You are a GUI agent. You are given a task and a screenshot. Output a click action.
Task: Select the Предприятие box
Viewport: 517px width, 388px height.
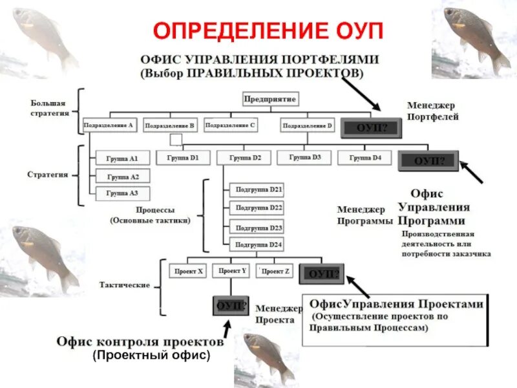click(x=270, y=100)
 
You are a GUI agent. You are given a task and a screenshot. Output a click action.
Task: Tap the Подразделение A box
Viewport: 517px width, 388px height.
click(x=110, y=125)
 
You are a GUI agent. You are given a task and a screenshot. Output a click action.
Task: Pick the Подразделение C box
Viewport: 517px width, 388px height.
click(x=230, y=124)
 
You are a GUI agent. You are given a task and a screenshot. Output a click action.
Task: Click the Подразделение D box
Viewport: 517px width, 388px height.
click(x=308, y=125)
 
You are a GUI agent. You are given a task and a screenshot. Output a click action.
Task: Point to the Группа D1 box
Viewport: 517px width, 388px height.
click(x=183, y=157)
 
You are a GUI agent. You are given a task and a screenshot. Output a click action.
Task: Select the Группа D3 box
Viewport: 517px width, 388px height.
click(x=304, y=157)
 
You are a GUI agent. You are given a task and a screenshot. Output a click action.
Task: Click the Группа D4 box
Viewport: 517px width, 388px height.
click(x=364, y=157)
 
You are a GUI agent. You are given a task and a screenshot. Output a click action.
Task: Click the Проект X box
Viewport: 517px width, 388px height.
click(x=187, y=272)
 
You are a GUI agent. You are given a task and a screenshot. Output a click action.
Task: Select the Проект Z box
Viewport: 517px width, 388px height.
click(x=276, y=272)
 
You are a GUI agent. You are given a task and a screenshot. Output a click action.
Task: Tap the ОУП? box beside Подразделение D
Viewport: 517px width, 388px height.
click(x=372, y=127)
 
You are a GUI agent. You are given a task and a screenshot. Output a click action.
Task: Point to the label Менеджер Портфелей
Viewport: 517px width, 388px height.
click(x=432, y=111)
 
